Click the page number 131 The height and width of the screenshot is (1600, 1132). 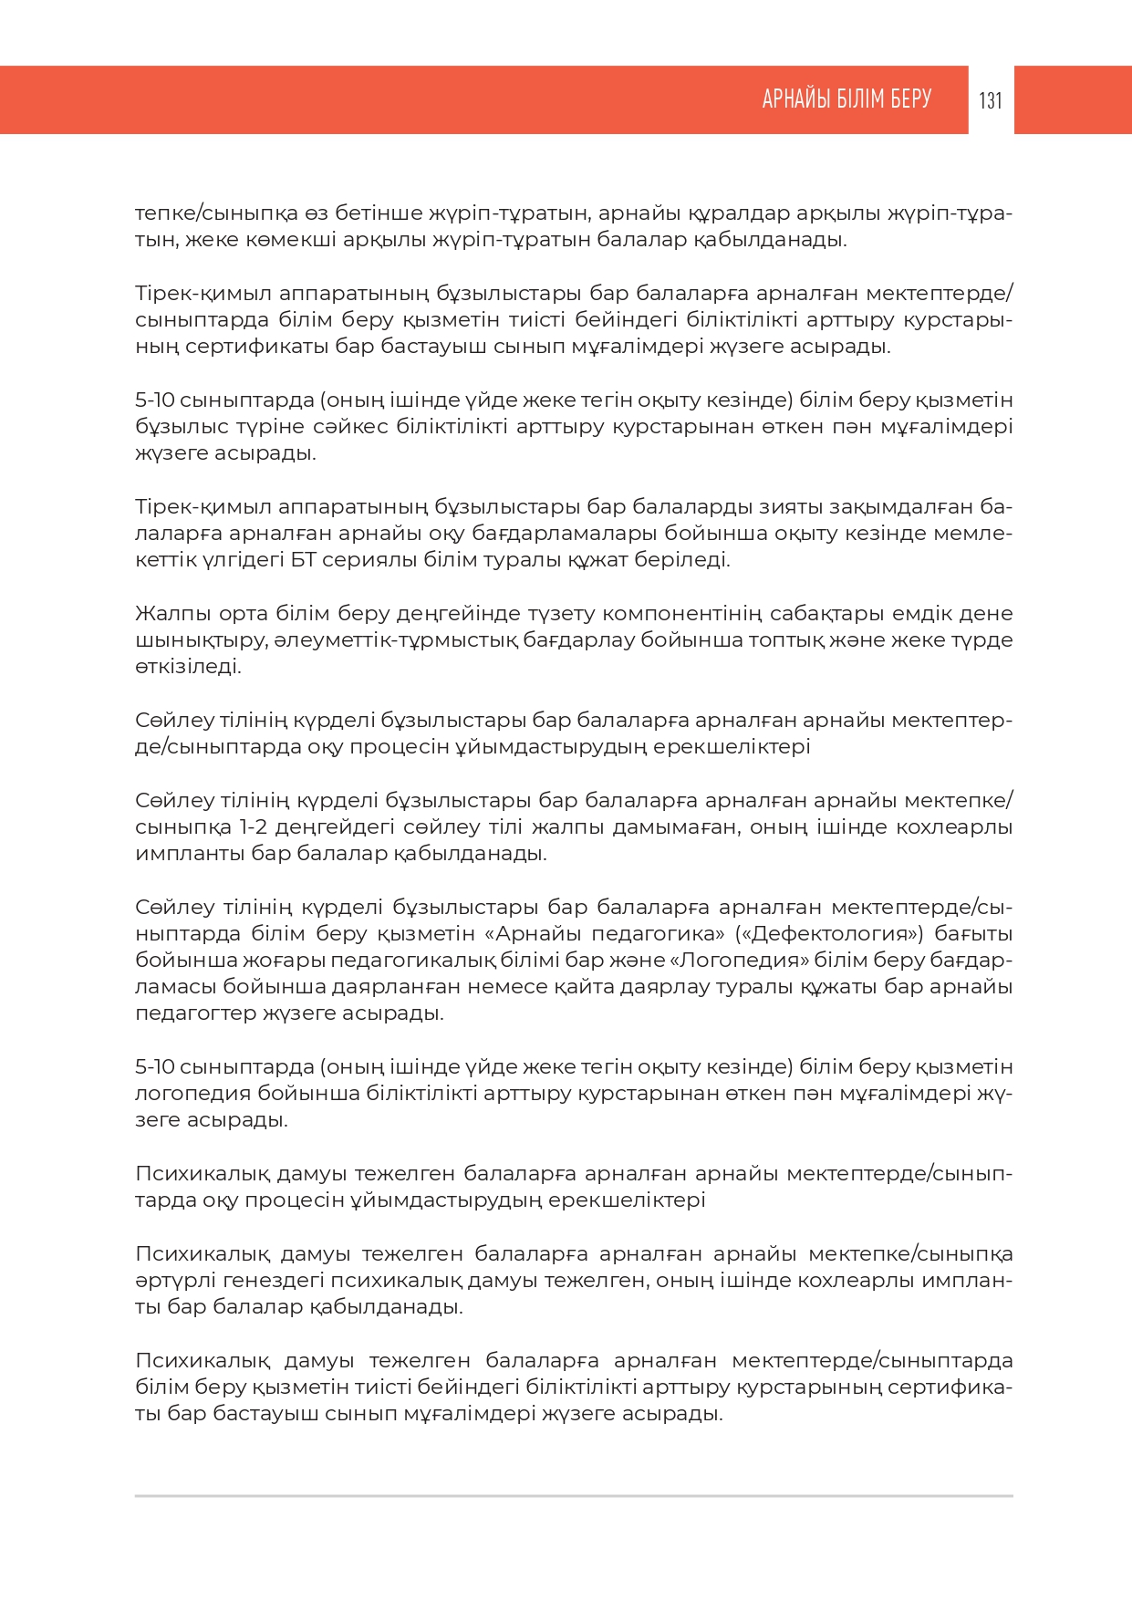point(991,100)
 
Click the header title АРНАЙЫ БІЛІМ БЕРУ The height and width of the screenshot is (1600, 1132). point(846,99)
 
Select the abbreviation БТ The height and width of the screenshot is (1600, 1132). point(304,559)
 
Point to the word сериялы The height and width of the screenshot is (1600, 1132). point(369,559)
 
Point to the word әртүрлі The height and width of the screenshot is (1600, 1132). point(164,1280)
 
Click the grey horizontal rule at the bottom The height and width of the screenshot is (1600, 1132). point(574,1496)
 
